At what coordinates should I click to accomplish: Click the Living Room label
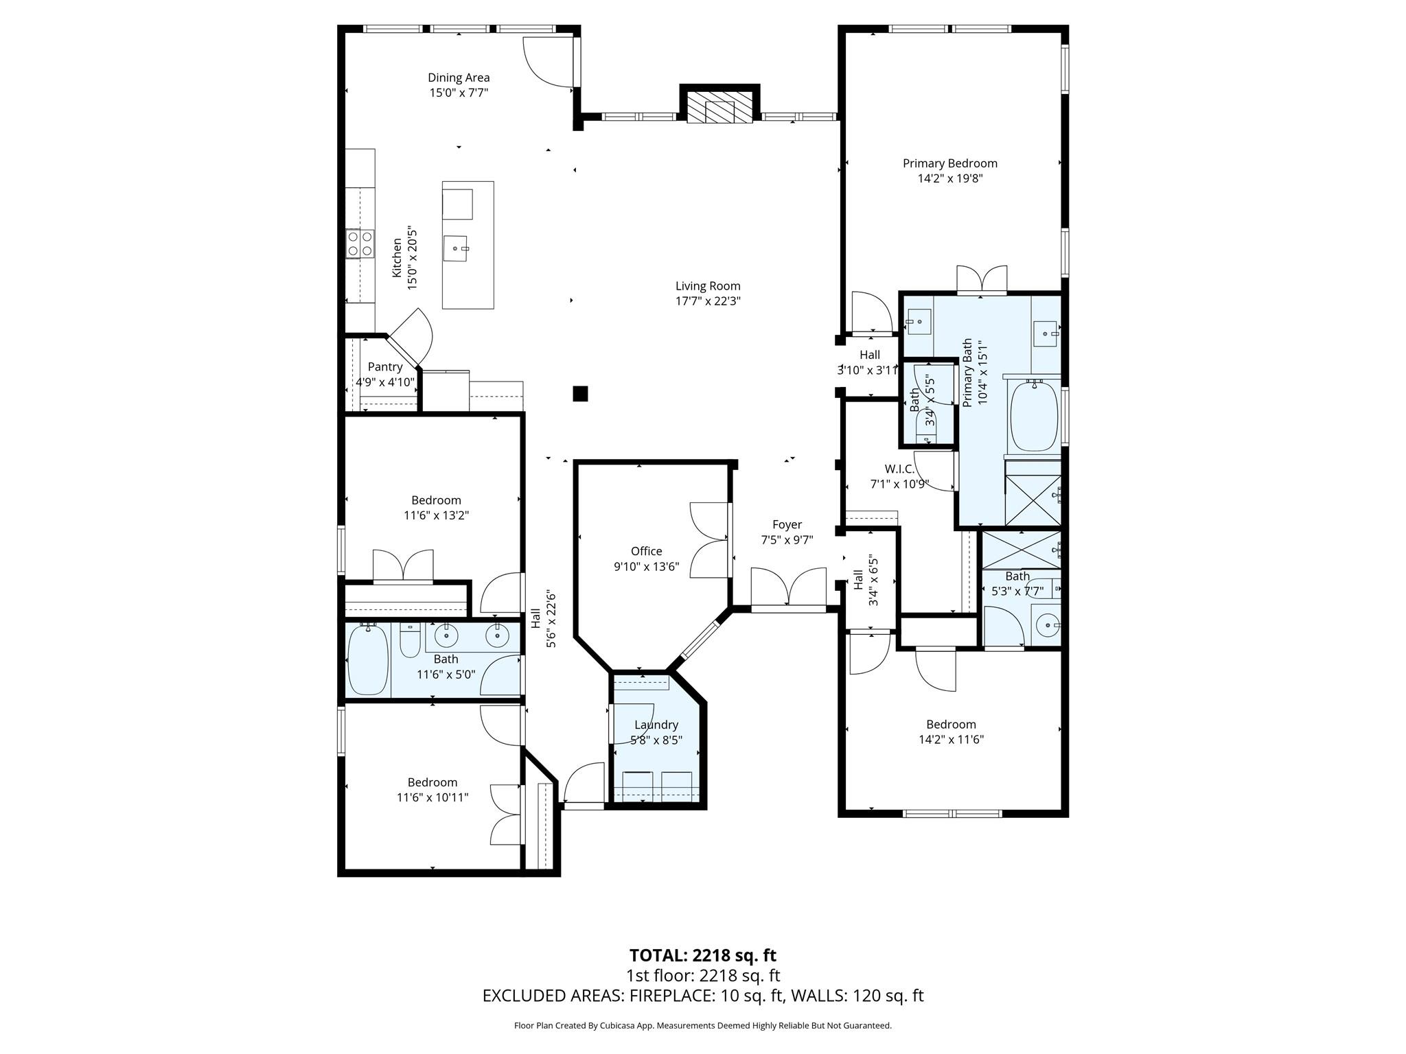pyautogui.click(x=708, y=286)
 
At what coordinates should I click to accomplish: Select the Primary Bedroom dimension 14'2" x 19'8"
pyautogui.click(x=950, y=178)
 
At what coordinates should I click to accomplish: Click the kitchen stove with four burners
pyautogui.click(x=360, y=244)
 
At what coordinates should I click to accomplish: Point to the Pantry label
pyautogui.click(x=384, y=367)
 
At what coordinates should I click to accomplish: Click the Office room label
pyautogui.click(x=646, y=551)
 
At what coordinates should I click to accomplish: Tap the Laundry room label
pyautogui.click(x=656, y=725)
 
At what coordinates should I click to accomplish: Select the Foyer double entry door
pyautogui.click(x=788, y=588)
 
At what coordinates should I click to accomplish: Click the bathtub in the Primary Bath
pyautogui.click(x=1033, y=418)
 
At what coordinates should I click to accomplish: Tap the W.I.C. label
pyautogui.click(x=899, y=469)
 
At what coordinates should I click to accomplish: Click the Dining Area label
pyautogui.click(x=459, y=78)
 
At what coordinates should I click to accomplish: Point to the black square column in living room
pyautogui.click(x=581, y=393)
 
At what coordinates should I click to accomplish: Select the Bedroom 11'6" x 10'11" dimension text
pyautogui.click(x=433, y=797)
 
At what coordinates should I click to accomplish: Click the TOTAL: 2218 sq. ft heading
pyautogui.click(x=702, y=955)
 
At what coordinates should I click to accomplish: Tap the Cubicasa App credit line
pyautogui.click(x=702, y=1026)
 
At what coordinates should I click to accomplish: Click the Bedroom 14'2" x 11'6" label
pyautogui.click(x=951, y=724)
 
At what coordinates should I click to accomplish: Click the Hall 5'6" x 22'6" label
pyautogui.click(x=542, y=619)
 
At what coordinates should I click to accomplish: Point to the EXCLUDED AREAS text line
pyautogui.click(x=702, y=996)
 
